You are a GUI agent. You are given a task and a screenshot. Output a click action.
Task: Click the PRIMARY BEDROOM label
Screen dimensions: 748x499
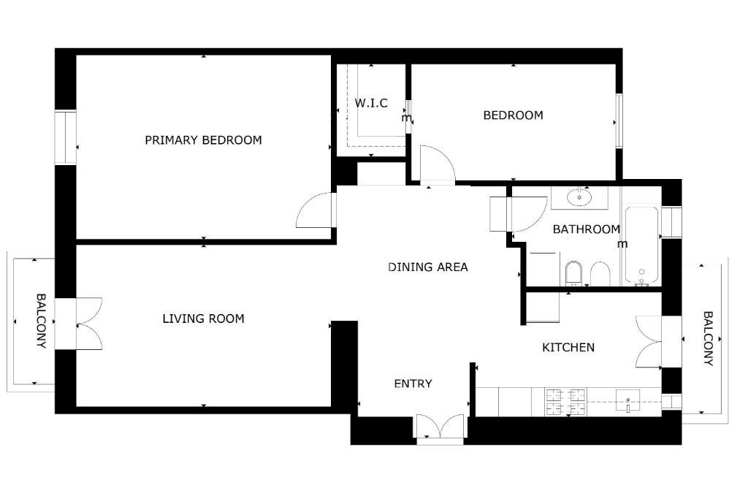click(203, 140)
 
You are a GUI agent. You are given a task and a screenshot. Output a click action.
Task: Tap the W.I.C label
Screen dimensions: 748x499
click(371, 103)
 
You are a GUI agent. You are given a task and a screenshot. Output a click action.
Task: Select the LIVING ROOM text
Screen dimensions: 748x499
click(203, 319)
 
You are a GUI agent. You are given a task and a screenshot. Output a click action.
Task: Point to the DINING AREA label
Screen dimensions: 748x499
click(428, 267)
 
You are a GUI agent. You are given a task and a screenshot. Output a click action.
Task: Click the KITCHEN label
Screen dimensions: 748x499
click(568, 347)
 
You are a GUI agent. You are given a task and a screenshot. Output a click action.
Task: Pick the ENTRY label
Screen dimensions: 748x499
click(413, 384)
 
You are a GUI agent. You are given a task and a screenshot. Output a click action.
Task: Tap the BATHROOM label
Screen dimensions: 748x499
click(587, 229)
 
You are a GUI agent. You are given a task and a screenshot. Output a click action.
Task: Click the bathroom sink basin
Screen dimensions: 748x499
click(579, 197)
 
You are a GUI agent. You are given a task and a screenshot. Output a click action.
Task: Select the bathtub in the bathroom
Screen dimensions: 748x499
click(641, 245)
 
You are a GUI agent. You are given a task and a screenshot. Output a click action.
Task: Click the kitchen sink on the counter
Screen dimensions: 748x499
click(627, 401)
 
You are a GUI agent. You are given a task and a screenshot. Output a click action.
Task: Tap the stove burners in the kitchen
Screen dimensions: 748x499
click(566, 402)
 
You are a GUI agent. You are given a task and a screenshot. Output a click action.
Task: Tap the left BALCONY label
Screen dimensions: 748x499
click(42, 321)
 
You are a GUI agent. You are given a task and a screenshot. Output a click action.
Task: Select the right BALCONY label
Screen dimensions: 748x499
click(708, 338)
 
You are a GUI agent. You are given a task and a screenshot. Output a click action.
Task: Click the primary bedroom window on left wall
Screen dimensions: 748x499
click(65, 137)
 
